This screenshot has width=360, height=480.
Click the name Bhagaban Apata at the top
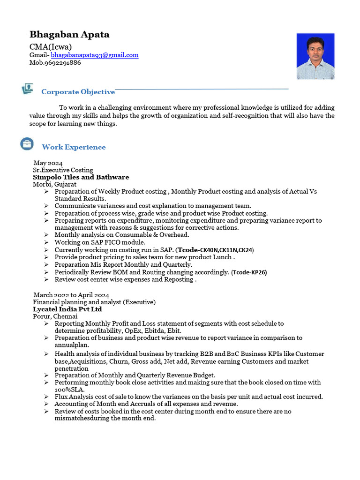tap(69, 34)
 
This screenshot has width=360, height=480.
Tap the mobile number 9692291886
tap(62, 62)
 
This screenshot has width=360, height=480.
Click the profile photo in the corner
tap(315, 56)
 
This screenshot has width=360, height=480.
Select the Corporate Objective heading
tap(78, 92)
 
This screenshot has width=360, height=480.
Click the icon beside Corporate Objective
tap(27, 89)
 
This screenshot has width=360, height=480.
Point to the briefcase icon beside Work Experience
tap(27, 144)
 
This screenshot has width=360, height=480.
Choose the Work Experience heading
tap(74, 147)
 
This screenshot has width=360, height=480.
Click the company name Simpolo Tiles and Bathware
tap(81, 177)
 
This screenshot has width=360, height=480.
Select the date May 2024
tap(48, 163)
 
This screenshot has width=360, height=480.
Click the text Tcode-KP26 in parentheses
tap(249, 272)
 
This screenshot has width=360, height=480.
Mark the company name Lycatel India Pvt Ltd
tap(67, 309)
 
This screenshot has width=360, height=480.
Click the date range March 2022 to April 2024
tap(71, 295)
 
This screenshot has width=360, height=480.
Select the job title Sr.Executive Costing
tap(63, 170)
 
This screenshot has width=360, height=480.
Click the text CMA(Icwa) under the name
tap(51, 46)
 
